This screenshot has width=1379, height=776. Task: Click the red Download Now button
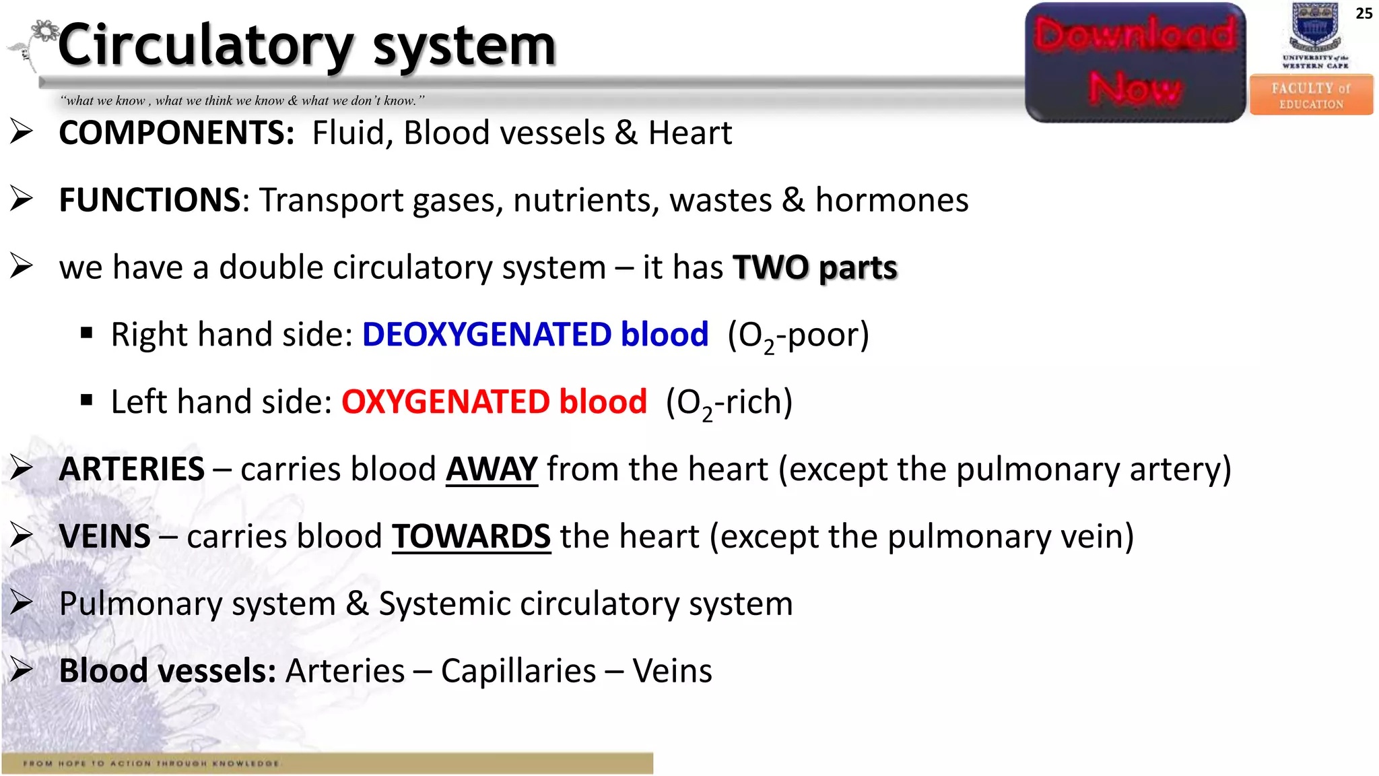click(1135, 63)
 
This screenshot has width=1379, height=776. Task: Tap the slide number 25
click(1364, 13)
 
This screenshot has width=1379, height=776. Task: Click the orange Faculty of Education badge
click(1311, 96)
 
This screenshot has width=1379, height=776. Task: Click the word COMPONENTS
click(176, 133)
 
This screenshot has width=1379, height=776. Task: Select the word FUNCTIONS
click(149, 200)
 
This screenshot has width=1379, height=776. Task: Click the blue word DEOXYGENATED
click(486, 335)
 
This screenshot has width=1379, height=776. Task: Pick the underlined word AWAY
click(492, 470)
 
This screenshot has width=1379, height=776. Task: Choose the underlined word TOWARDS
click(471, 537)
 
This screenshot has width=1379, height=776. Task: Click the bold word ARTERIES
click(132, 470)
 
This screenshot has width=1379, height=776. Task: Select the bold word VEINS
click(105, 537)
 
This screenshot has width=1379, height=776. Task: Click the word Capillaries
click(518, 672)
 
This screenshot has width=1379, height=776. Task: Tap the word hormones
click(892, 200)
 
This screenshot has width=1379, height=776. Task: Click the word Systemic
click(444, 604)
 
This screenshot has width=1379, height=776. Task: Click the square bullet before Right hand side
click(86, 333)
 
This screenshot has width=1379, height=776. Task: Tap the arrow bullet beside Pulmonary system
click(22, 603)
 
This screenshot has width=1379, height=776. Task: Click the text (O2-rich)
click(729, 403)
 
